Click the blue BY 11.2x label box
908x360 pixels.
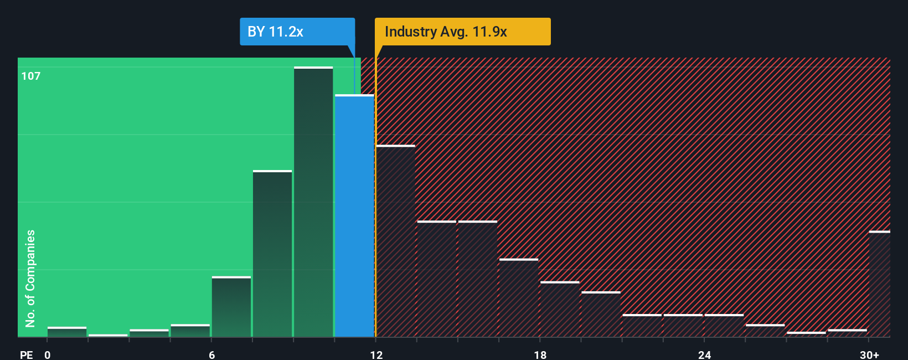click(x=297, y=32)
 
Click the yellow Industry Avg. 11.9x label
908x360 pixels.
click(x=462, y=32)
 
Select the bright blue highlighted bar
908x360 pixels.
click(x=354, y=216)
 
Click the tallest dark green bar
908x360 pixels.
click(x=313, y=202)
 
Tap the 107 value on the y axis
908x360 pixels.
click(x=31, y=76)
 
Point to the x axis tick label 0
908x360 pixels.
click(x=48, y=354)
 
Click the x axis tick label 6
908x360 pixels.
click(x=212, y=354)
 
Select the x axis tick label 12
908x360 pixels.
click(x=376, y=354)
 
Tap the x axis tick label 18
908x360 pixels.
click(x=540, y=354)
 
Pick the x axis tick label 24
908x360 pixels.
click(x=704, y=354)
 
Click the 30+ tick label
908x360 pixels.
click(x=869, y=354)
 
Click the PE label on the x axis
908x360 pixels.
click(x=26, y=354)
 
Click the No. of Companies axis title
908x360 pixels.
click(x=30, y=278)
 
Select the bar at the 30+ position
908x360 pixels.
click(x=879, y=284)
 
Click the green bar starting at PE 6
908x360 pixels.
click(x=231, y=307)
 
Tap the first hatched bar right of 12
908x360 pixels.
click(x=395, y=241)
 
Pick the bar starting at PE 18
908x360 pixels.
click(x=560, y=310)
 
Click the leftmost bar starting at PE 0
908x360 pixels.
click(x=67, y=332)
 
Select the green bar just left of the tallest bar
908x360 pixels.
click(x=272, y=254)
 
